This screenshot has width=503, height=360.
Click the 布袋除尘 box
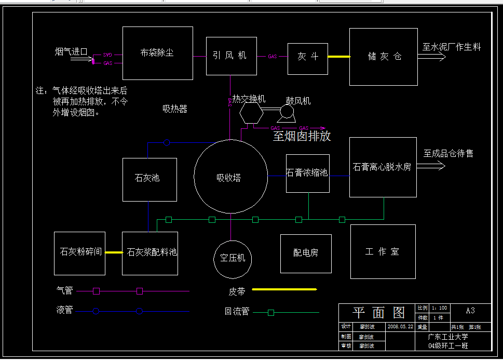click(x=157, y=52)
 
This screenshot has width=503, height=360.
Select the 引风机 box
click(x=231, y=56)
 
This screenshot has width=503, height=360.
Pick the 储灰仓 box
click(x=383, y=57)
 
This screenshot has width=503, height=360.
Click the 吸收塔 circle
click(x=230, y=177)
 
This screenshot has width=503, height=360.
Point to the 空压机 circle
click(x=232, y=258)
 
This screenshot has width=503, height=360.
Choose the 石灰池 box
click(x=149, y=179)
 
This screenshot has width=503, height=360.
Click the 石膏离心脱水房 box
click(x=383, y=167)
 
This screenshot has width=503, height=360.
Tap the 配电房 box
click(x=305, y=253)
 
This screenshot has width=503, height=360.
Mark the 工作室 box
click(x=383, y=252)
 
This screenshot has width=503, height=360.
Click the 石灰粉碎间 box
click(x=79, y=253)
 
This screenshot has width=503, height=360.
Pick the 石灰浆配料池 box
click(x=150, y=253)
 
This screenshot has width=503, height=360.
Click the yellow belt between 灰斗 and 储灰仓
click(x=338, y=57)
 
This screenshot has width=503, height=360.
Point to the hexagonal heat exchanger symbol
click(x=251, y=113)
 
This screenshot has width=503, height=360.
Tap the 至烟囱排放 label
click(x=302, y=137)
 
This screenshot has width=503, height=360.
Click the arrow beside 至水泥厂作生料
click(x=431, y=57)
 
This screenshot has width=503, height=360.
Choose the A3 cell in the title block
click(x=470, y=311)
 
